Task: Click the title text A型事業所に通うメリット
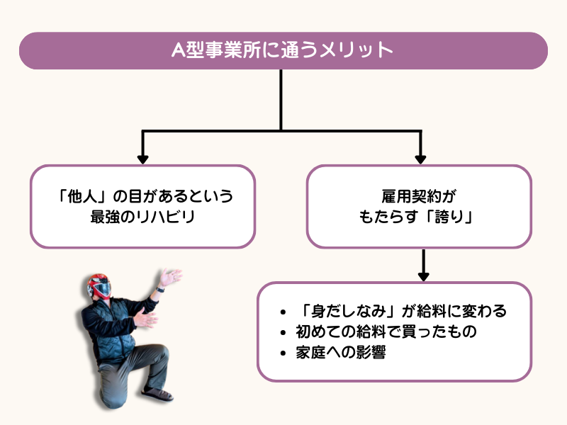pyautogui.click(x=283, y=50)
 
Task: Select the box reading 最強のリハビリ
pyautogui.click(x=142, y=206)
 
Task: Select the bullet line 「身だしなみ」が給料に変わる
pyautogui.click(x=402, y=312)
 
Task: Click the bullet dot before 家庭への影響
pyautogui.click(x=284, y=352)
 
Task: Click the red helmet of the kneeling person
pyautogui.click(x=99, y=286)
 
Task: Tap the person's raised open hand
pyautogui.click(x=171, y=276)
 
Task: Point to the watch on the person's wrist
pyautogui.click(x=160, y=288)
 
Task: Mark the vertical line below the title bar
pyautogui.click(x=282, y=99)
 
